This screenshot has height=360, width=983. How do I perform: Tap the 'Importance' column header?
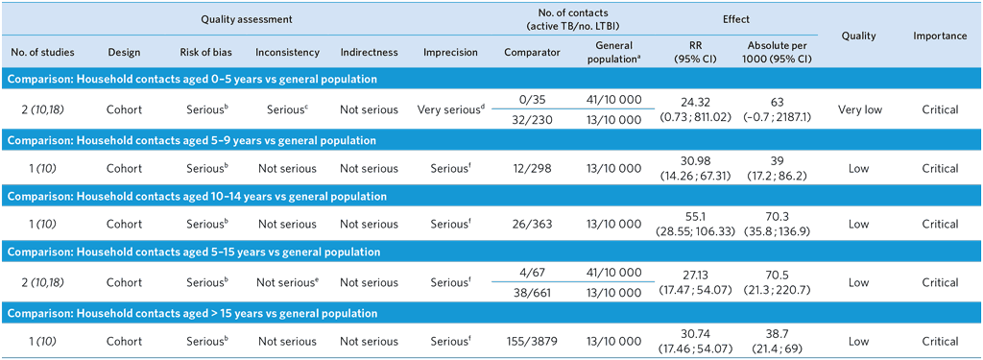coord(940,36)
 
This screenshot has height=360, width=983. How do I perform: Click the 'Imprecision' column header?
coord(450,51)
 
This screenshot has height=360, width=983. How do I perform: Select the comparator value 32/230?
coord(532,120)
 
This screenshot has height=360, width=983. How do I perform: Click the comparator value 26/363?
coord(532,225)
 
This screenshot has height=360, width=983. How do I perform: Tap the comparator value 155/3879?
coord(532,342)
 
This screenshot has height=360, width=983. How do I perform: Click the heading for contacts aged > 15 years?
coord(193,314)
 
